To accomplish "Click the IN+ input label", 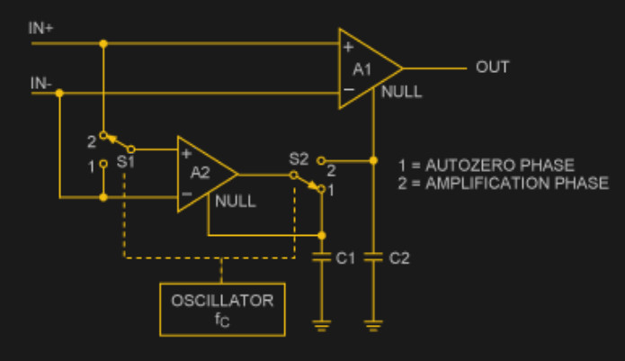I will pyautogui.click(x=41, y=28).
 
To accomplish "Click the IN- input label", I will pyautogui.click(x=40, y=84).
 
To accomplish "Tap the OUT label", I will pyautogui.click(x=492, y=68).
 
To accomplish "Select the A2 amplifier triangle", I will pyautogui.click(x=203, y=174).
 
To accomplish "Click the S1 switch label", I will pyautogui.click(x=126, y=162).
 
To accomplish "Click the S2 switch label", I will pyautogui.click(x=299, y=159).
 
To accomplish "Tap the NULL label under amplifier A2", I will pyautogui.click(x=236, y=202).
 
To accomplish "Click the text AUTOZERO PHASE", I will pyautogui.click(x=504, y=167).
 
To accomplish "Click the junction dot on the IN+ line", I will pyautogui.click(x=103, y=42).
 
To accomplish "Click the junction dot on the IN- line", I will pyautogui.click(x=58, y=94).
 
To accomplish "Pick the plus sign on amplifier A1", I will pyautogui.click(x=349, y=47).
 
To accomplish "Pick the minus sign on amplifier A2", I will pyautogui.click(x=187, y=194).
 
